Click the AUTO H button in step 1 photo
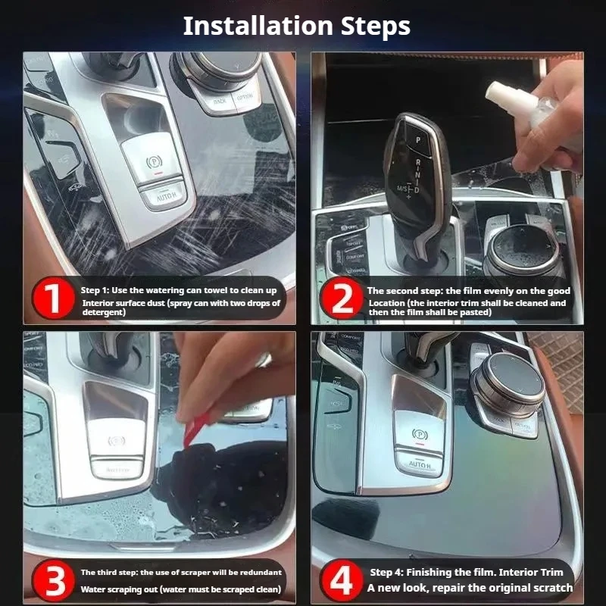tap(163, 195)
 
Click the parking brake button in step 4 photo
tap(418, 434)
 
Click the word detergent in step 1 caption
tap(104, 313)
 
